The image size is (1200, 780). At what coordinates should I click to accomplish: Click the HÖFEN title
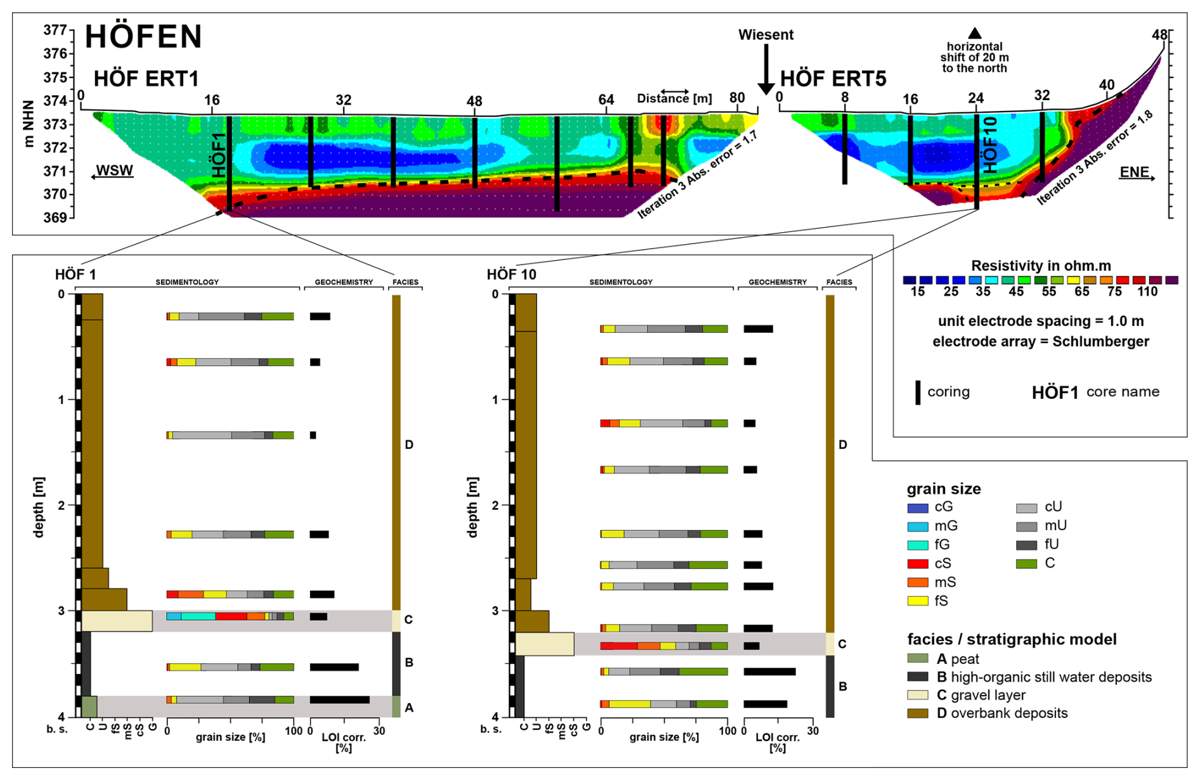(x=143, y=37)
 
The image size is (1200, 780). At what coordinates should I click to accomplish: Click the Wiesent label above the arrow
(x=766, y=35)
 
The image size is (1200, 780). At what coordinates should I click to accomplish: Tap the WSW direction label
(x=114, y=171)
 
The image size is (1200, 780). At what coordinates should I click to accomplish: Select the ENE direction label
(x=1135, y=172)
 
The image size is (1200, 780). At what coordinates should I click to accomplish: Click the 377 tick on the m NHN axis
(x=55, y=30)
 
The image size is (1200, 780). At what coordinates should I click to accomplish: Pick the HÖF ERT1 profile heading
(x=147, y=79)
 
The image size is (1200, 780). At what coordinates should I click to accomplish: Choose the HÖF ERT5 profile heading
(x=833, y=79)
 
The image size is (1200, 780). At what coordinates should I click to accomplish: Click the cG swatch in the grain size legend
(x=918, y=507)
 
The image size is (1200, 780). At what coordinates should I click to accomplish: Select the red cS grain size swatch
(x=918, y=564)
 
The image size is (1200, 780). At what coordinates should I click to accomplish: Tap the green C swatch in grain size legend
(x=1026, y=563)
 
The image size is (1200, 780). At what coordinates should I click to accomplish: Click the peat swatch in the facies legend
(x=918, y=659)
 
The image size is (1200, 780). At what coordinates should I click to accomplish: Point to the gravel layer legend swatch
(x=918, y=695)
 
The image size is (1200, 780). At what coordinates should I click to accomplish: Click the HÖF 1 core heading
(x=75, y=275)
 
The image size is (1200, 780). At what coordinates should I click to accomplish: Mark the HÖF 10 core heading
(x=511, y=275)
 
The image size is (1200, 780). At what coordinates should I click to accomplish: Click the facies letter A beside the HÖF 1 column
(x=409, y=707)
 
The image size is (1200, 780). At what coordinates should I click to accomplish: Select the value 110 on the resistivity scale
(x=1147, y=292)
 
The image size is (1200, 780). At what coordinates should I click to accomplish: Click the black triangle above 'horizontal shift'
(x=975, y=33)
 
